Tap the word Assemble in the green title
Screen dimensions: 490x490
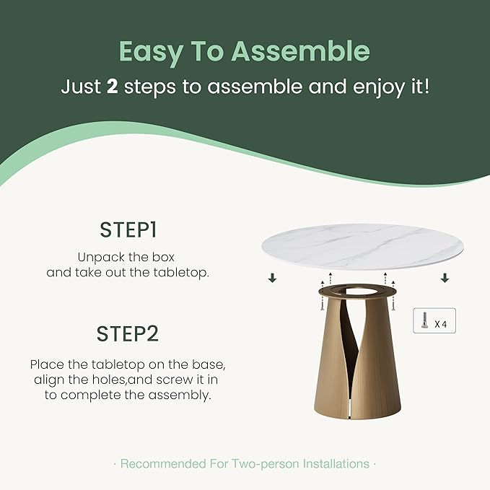(x=301, y=53)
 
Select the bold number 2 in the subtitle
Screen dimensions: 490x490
(x=112, y=88)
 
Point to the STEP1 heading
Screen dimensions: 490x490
(x=128, y=230)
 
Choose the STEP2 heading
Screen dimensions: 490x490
(x=128, y=334)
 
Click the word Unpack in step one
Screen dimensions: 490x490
(x=102, y=257)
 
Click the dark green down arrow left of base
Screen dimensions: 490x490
(x=272, y=278)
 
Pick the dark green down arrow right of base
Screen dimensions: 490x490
(x=445, y=278)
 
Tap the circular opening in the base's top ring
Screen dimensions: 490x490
(x=359, y=292)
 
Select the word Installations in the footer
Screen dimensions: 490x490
(x=335, y=463)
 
